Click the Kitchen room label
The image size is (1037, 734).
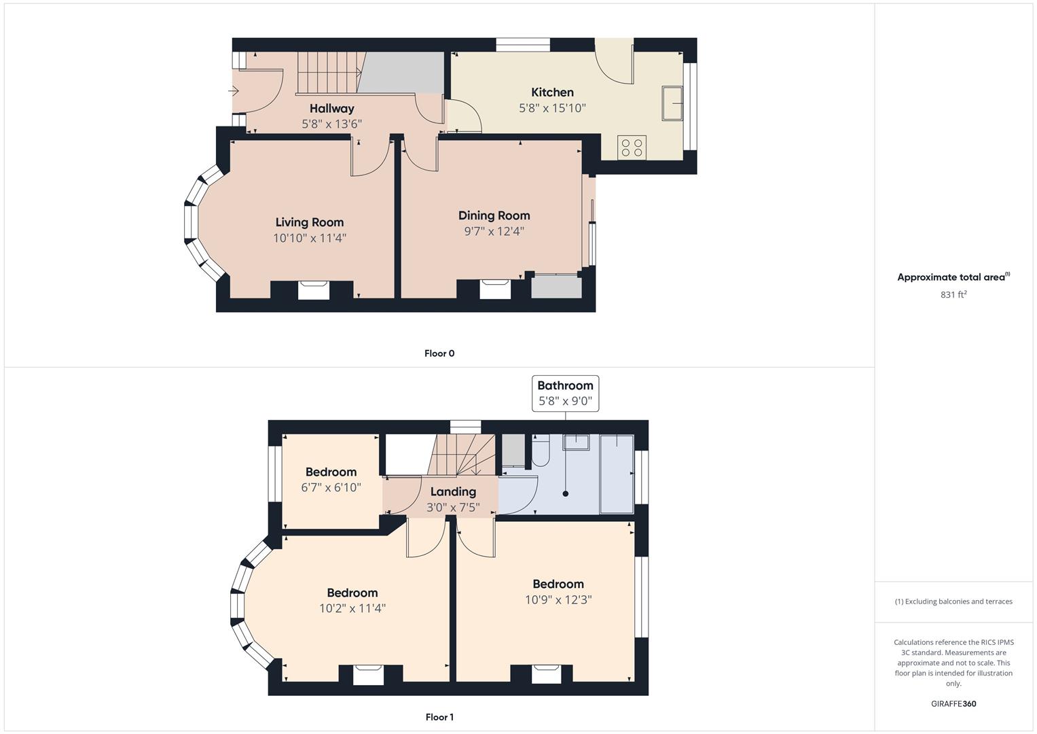(x=552, y=92)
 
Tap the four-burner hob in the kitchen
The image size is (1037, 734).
(x=632, y=148)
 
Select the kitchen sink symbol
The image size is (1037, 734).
(x=672, y=103)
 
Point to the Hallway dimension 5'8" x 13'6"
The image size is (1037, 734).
(x=331, y=124)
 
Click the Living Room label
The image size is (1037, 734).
(x=310, y=222)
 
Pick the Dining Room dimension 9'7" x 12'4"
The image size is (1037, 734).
(x=494, y=231)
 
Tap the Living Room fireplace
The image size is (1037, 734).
(x=314, y=290)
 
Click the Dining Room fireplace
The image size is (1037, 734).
(x=495, y=289)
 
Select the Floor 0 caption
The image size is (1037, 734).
(x=439, y=353)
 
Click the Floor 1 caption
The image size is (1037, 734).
(x=439, y=717)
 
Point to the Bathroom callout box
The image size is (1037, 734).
(x=565, y=394)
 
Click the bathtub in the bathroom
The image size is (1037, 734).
(x=617, y=474)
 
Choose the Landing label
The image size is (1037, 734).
(x=453, y=491)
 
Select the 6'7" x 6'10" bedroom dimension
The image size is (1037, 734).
(x=331, y=487)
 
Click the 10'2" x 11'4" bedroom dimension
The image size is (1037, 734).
(x=352, y=608)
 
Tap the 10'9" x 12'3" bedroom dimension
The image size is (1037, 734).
(x=558, y=599)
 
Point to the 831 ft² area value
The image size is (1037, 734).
(x=953, y=294)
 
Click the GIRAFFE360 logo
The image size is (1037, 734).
(x=953, y=703)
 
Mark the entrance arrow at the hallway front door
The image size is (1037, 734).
(x=234, y=91)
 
